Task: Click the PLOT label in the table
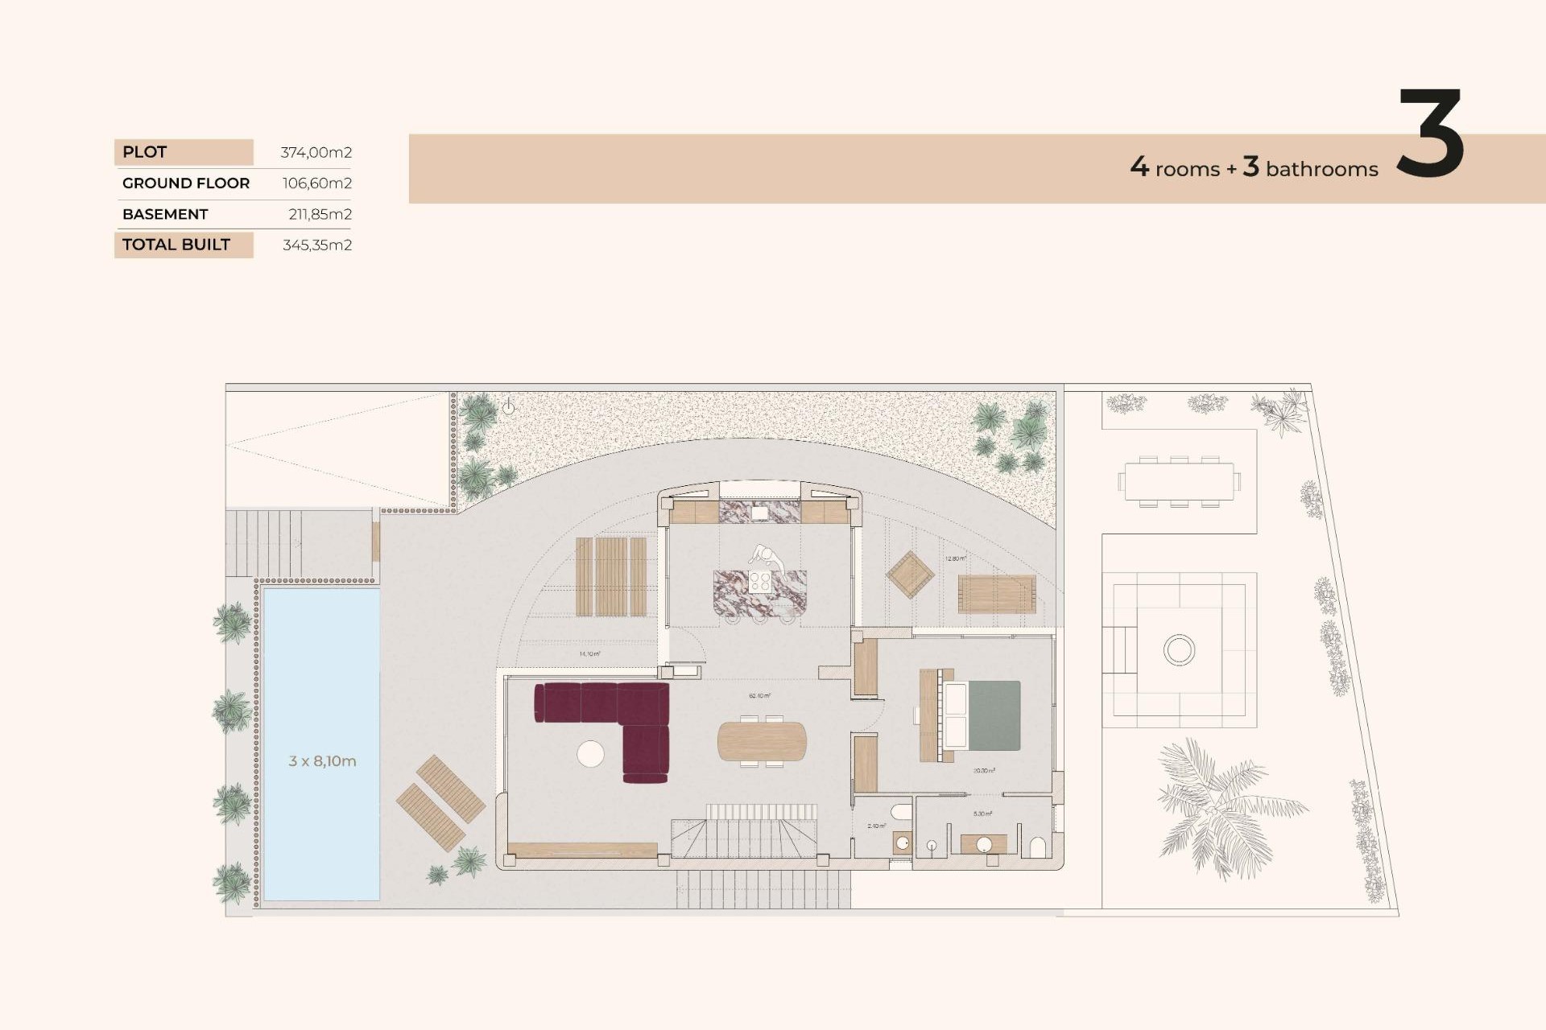(145, 152)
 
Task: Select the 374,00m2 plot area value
(316, 152)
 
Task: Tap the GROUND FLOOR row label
(186, 183)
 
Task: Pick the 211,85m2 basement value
(320, 214)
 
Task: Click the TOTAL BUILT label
(176, 245)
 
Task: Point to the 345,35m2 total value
(316, 245)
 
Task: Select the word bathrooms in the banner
(1321, 169)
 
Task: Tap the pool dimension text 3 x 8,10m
(322, 760)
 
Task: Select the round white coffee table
(590, 753)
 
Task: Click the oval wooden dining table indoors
(761, 741)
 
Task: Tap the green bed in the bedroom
(993, 715)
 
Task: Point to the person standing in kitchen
(767, 557)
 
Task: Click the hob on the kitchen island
(759, 582)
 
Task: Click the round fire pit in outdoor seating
(1179, 649)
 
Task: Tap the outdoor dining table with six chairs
(1179, 481)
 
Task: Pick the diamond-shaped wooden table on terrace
(910, 575)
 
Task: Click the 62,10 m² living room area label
(759, 695)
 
